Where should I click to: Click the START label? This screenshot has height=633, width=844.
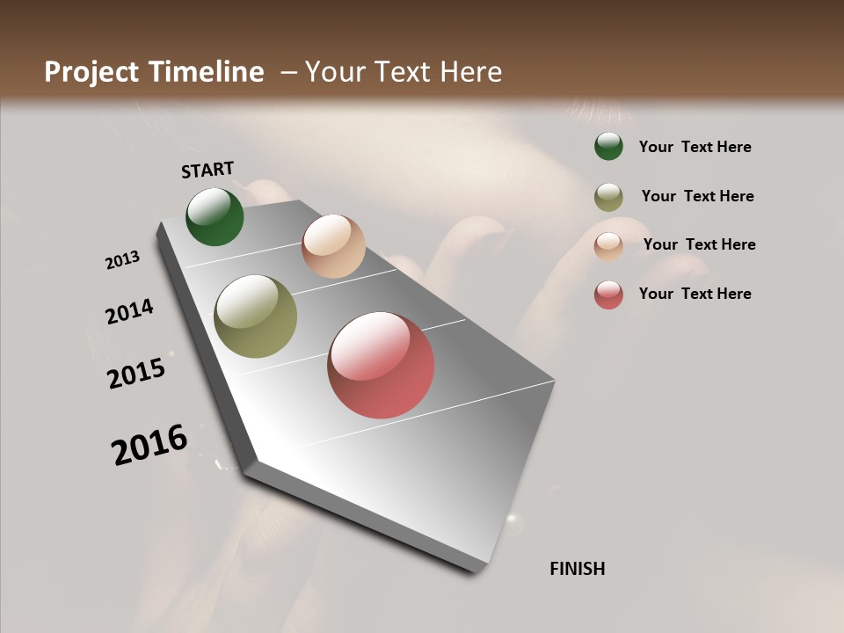[207, 170]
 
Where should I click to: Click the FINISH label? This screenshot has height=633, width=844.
[577, 569]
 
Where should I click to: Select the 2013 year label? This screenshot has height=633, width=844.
[122, 260]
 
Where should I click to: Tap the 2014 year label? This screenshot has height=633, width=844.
[129, 312]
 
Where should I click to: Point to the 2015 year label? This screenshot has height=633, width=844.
[136, 374]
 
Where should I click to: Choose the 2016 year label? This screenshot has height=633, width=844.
[149, 445]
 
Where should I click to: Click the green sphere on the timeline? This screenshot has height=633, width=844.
[215, 217]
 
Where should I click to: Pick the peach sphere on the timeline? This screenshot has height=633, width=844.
[333, 246]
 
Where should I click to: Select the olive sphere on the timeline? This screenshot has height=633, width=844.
[255, 316]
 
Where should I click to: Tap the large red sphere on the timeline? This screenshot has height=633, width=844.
[381, 365]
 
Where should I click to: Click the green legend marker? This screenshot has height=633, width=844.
[608, 147]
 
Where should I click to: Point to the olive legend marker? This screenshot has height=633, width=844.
[608, 197]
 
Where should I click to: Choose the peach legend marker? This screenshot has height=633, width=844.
[608, 245]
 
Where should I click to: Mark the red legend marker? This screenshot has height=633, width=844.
[608, 295]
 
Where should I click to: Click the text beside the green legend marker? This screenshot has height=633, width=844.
[695, 148]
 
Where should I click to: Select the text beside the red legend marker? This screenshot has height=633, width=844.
[695, 294]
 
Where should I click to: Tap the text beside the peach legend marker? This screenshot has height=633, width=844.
[699, 244]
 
